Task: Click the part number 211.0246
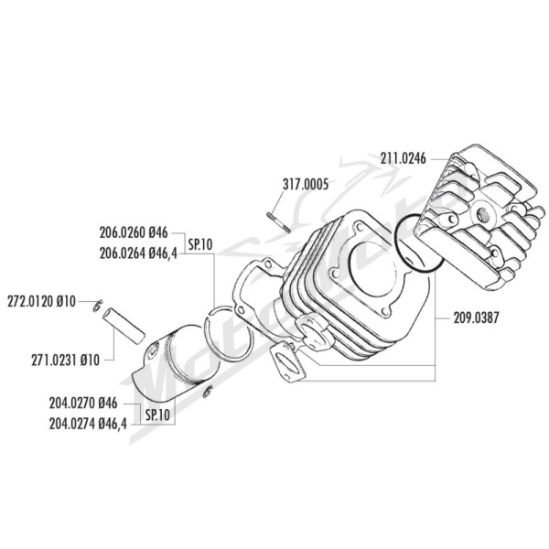pyautogui.click(x=404, y=159)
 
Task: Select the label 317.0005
pyautogui.click(x=306, y=184)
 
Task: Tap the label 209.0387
pyautogui.click(x=476, y=318)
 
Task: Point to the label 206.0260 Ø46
pyautogui.click(x=134, y=232)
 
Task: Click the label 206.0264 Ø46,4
pyautogui.click(x=138, y=253)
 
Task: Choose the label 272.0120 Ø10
pyautogui.click(x=41, y=301)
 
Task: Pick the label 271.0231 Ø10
pyautogui.click(x=66, y=361)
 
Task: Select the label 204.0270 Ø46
pyautogui.click(x=83, y=404)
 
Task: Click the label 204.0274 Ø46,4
pyautogui.click(x=88, y=424)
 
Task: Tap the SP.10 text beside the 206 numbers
pyautogui.click(x=200, y=244)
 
